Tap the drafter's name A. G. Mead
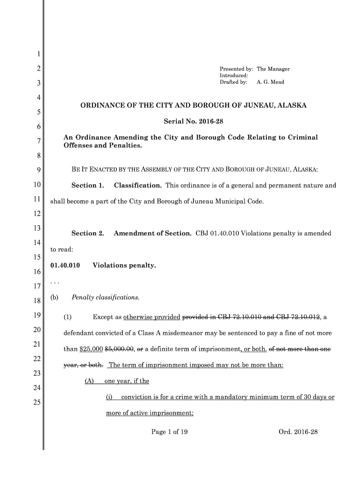(x=270, y=82)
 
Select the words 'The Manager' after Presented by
(x=273, y=69)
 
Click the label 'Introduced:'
(x=234, y=75)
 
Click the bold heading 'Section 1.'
(x=87, y=185)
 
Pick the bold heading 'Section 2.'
(x=87, y=233)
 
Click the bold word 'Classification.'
(x=138, y=185)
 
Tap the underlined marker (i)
(x=110, y=397)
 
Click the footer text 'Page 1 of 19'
(x=169, y=432)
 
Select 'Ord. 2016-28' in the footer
(x=298, y=432)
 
